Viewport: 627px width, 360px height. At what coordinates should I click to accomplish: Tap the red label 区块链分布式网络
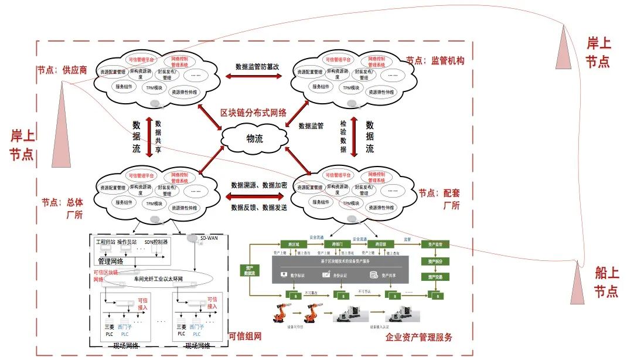[253, 113]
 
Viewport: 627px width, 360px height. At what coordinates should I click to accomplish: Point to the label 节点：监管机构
[435, 60]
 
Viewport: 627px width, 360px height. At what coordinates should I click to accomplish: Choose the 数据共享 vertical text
[158, 137]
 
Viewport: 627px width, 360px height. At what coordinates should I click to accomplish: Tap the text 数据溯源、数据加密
[258, 185]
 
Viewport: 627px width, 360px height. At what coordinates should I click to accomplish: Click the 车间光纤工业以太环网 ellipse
[162, 279]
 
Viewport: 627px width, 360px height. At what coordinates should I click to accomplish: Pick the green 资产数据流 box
[250, 270]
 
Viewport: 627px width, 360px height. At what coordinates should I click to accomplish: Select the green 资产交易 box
[434, 276]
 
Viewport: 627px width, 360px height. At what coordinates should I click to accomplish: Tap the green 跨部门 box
[337, 244]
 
